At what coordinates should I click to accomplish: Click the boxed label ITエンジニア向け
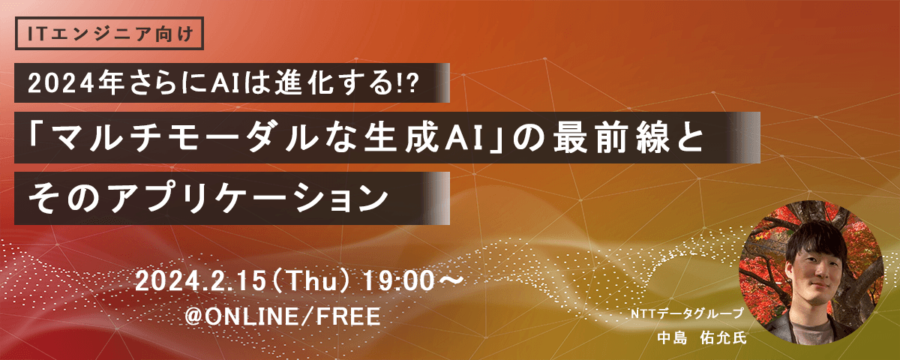(x=109, y=33)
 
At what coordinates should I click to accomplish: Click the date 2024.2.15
(x=200, y=281)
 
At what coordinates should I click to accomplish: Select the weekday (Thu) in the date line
(x=311, y=281)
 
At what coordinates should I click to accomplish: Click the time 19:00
(x=399, y=281)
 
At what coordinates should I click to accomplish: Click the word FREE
(x=348, y=316)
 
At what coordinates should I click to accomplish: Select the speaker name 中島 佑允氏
(x=701, y=338)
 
